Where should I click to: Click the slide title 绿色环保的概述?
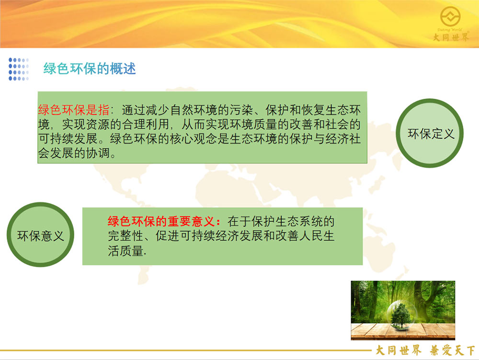tap(90, 69)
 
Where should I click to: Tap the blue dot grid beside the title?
tap(19, 69)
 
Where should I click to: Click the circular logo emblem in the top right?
tap(450, 17)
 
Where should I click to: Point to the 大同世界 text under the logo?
tap(451, 37)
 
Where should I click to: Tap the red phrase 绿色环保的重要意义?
tap(161, 221)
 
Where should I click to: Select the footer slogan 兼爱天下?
tap(453, 350)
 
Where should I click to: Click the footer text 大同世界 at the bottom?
tap(399, 350)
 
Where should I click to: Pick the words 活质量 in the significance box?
tap(125, 251)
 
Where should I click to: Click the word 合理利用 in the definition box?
tap(146, 124)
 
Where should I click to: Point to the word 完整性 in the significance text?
tap(125, 236)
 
